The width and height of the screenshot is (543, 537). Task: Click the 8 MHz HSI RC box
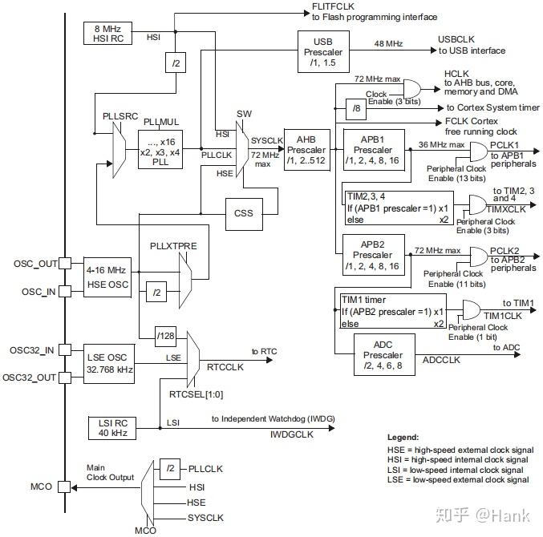coord(107,33)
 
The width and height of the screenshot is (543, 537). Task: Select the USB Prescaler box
coord(323,51)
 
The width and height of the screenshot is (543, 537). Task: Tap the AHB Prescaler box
coord(307,150)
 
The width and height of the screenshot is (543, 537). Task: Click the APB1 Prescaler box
coord(374,150)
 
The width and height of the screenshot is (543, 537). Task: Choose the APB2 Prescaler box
coord(374,255)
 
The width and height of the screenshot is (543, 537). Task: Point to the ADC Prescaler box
coord(384,354)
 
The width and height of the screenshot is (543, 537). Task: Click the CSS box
coord(244,214)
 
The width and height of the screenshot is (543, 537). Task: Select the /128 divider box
coord(165,337)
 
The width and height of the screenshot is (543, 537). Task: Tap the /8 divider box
coord(356,109)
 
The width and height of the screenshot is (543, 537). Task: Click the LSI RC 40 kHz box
coord(112,428)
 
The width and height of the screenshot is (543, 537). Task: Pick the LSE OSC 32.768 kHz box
coord(109,364)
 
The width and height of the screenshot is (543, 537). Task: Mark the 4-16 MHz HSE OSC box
coord(107,277)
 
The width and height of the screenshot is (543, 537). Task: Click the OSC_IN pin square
coord(65,291)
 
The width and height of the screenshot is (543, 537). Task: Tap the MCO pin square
coord(64,487)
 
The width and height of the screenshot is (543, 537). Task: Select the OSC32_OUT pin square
coord(65,378)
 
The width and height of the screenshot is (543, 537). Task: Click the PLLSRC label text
coord(120,116)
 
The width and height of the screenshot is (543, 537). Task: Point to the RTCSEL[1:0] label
coord(196,394)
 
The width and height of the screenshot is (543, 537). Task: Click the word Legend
coord(403,437)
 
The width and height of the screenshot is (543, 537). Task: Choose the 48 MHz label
coord(388,44)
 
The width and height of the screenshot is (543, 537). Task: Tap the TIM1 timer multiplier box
coord(393,312)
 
